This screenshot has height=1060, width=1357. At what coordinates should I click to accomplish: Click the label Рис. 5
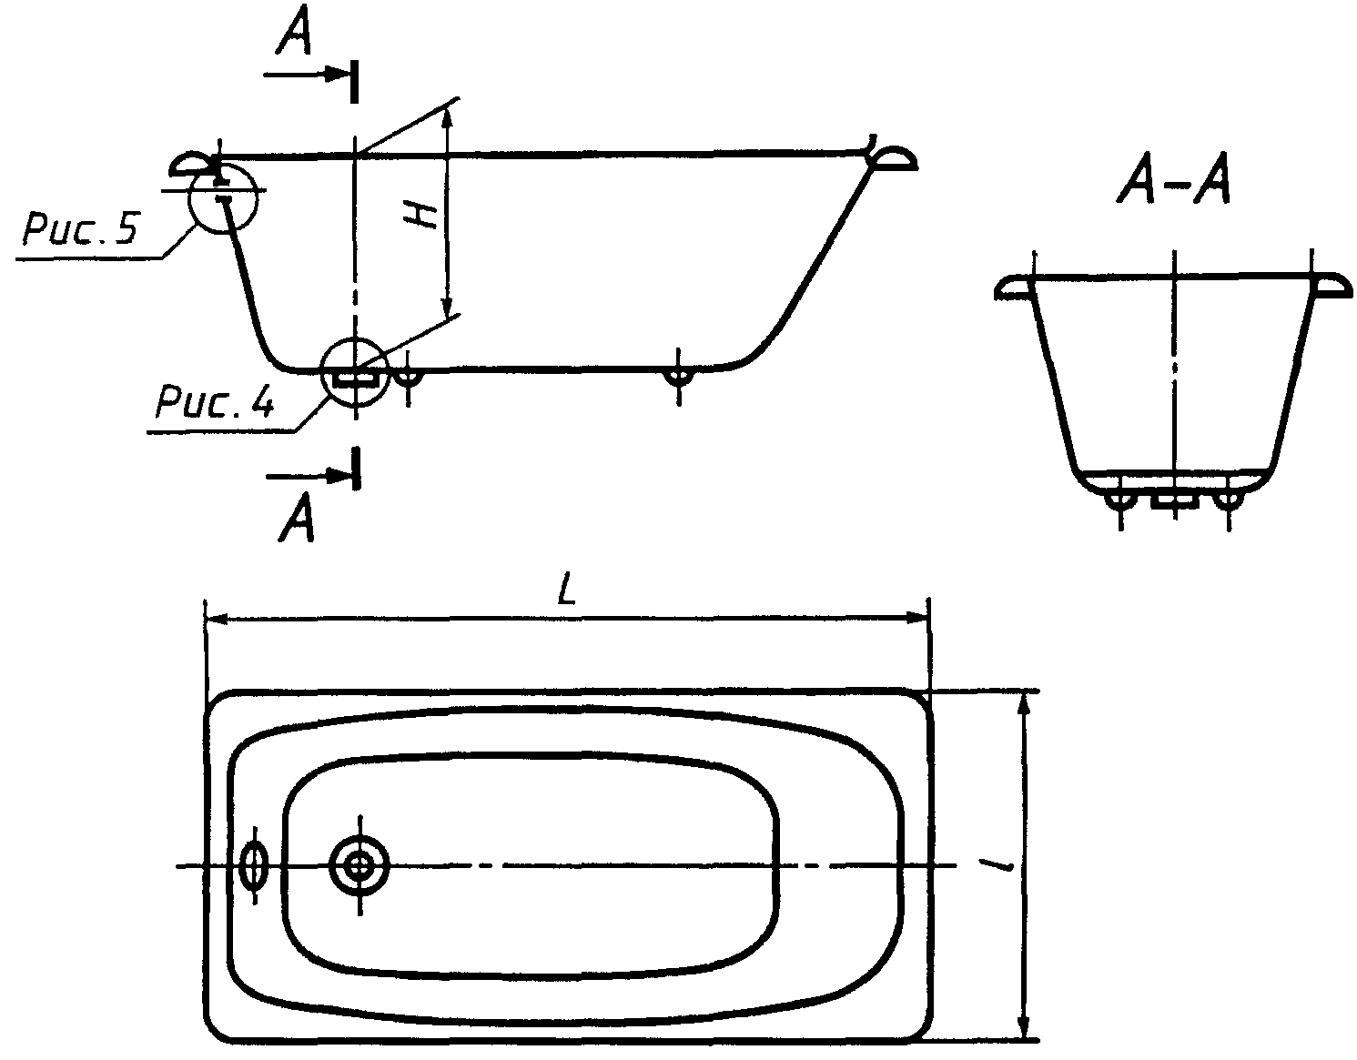(80, 228)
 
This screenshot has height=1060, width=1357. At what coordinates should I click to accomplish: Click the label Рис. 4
(215, 400)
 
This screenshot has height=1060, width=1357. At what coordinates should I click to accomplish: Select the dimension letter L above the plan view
(566, 589)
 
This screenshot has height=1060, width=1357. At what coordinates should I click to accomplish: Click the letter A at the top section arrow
(293, 30)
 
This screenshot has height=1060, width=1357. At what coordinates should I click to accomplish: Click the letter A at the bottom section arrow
(297, 516)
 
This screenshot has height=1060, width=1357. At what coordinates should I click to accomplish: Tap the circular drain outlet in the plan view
(360, 865)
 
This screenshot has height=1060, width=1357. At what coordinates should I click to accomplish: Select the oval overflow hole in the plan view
(254, 865)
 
